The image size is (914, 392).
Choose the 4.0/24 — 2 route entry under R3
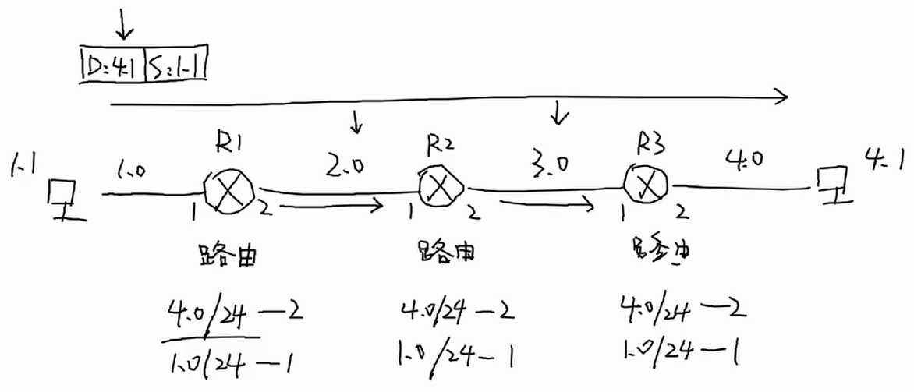point(682,310)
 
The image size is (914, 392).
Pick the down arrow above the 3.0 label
point(557,115)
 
